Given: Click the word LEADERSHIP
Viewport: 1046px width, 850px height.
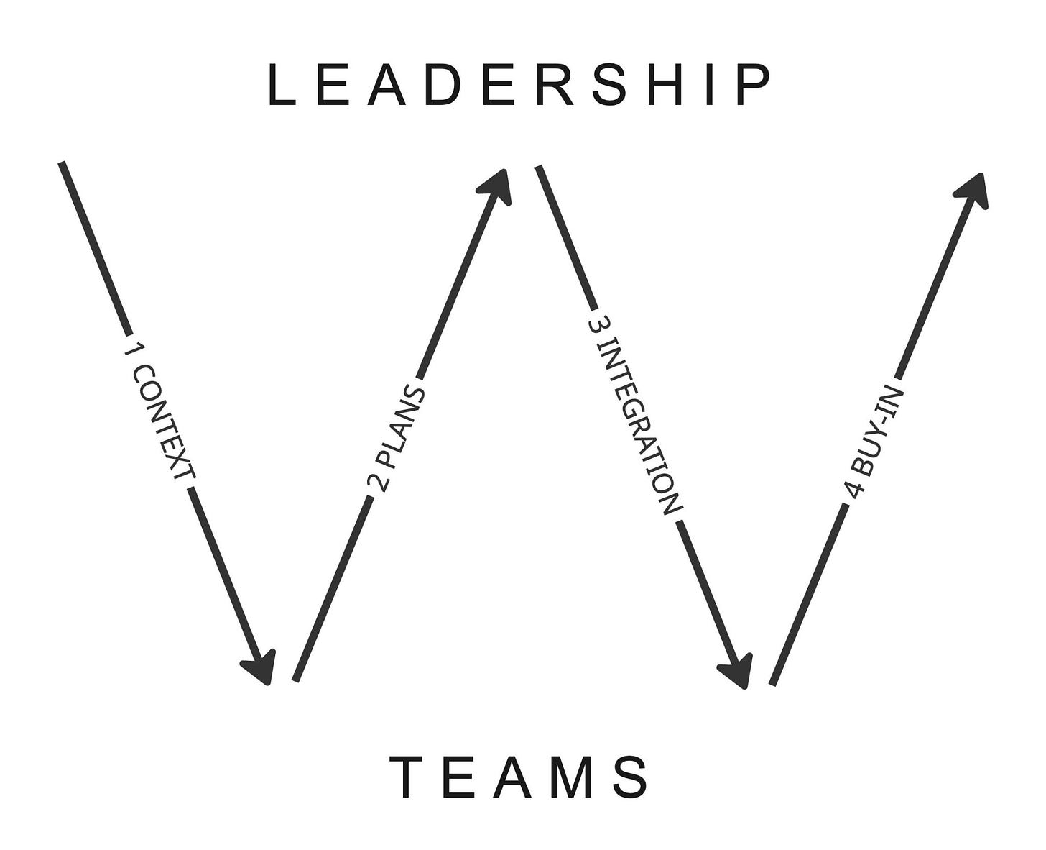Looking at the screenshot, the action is tap(519, 86).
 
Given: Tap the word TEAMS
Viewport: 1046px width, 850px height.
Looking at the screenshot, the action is tap(519, 777).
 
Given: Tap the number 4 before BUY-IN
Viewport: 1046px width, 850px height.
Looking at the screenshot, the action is tap(853, 490).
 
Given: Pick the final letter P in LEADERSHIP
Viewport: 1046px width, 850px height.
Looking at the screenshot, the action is tap(755, 86).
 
